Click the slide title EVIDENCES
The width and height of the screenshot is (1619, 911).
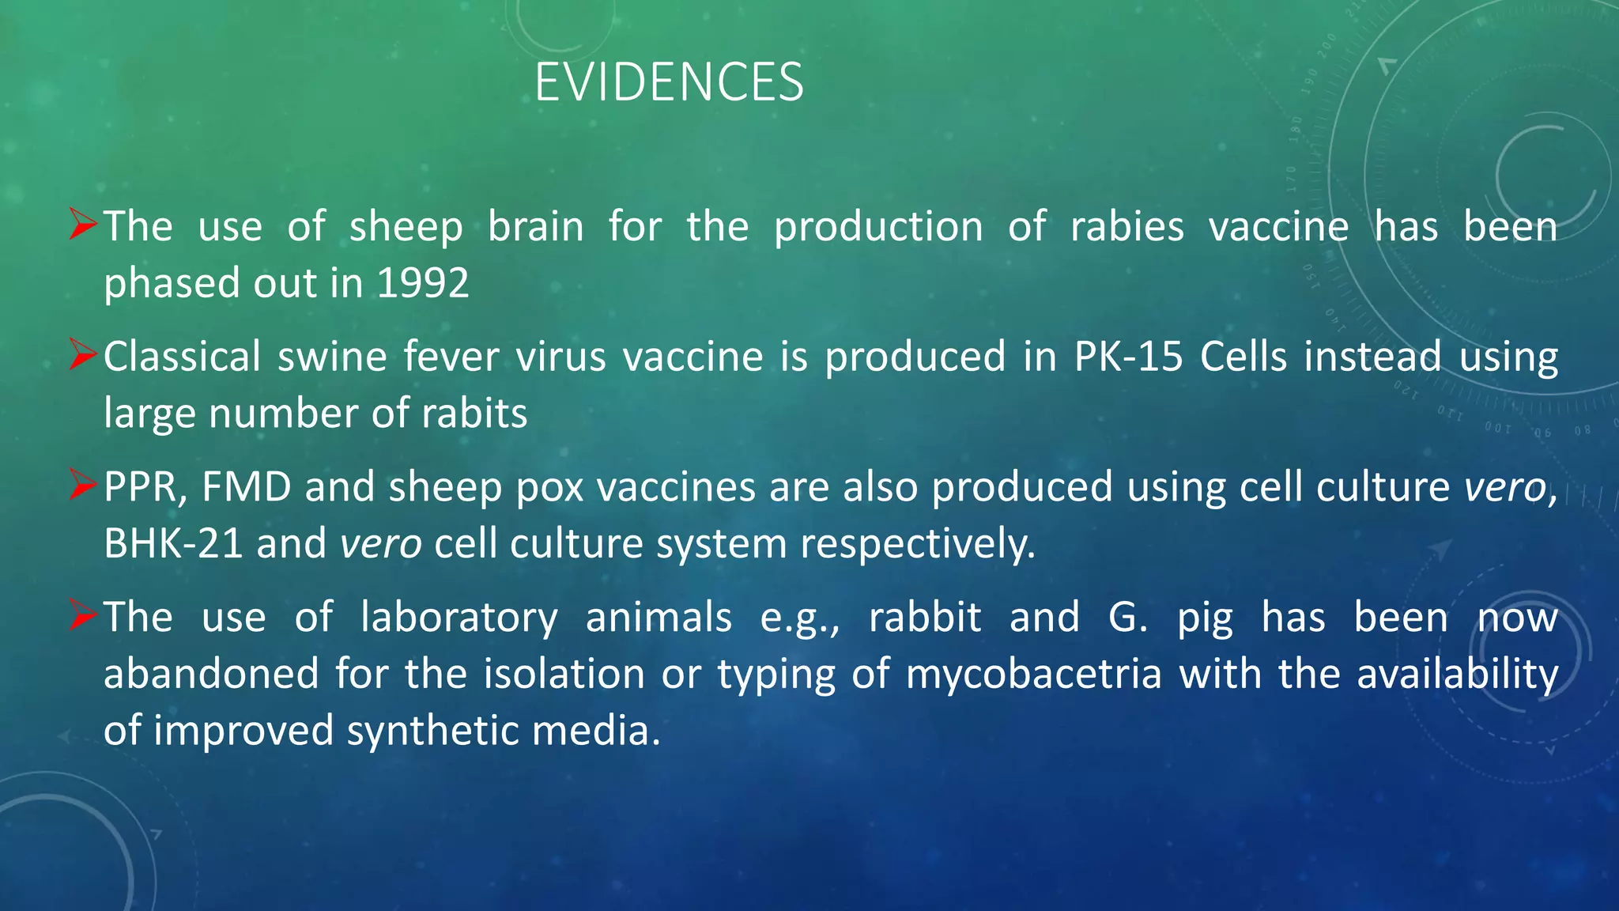pos(669,82)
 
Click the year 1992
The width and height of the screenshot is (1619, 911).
pos(423,283)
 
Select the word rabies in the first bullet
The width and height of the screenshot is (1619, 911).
pos(1127,227)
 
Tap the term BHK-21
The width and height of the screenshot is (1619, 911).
pos(173,544)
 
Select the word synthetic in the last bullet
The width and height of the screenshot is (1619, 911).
pos(432,731)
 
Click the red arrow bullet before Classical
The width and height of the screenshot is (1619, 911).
pos(82,355)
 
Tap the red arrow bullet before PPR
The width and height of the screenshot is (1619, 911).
pos(82,486)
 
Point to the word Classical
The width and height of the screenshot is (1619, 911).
pos(182,357)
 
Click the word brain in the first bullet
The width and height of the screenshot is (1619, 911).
pos(535,227)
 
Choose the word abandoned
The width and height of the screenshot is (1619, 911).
pos(211,675)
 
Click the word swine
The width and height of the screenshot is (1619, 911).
pos(332,357)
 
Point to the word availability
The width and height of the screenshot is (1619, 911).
pos(1457,675)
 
